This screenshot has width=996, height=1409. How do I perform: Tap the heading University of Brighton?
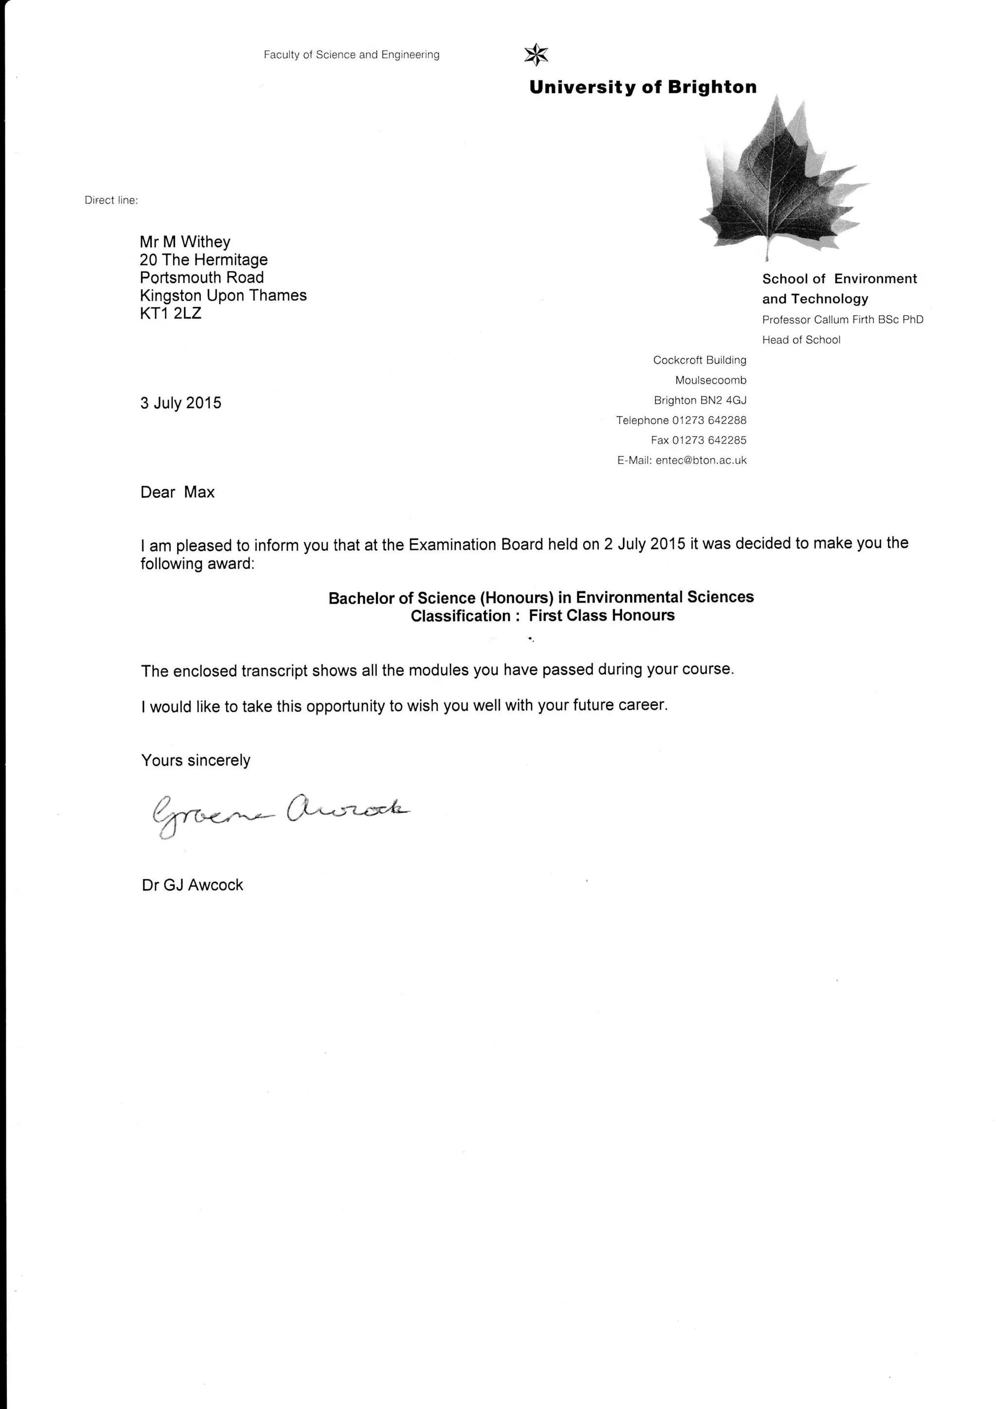click(x=643, y=87)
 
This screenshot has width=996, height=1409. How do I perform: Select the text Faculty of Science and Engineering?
click(x=352, y=54)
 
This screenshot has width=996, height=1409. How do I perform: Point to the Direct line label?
click(x=111, y=200)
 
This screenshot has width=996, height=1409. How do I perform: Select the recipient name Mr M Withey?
click(x=185, y=242)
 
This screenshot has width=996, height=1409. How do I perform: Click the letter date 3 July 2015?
click(x=181, y=403)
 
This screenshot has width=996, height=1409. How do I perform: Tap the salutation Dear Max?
click(x=177, y=492)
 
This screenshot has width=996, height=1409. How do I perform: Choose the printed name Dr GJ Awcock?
click(x=193, y=885)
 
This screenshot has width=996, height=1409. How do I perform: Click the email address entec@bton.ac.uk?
click(x=701, y=460)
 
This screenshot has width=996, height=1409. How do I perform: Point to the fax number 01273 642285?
click(x=709, y=440)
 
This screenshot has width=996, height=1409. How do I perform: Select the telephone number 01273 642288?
click(x=709, y=420)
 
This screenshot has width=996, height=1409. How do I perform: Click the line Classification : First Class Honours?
click(x=542, y=615)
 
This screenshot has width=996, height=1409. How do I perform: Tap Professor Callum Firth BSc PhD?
click(x=843, y=320)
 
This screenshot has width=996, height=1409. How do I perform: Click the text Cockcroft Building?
click(x=700, y=360)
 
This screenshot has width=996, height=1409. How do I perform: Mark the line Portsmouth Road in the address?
click(x=202, y=277)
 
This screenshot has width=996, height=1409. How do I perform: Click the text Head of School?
click(x=801, y=340)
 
